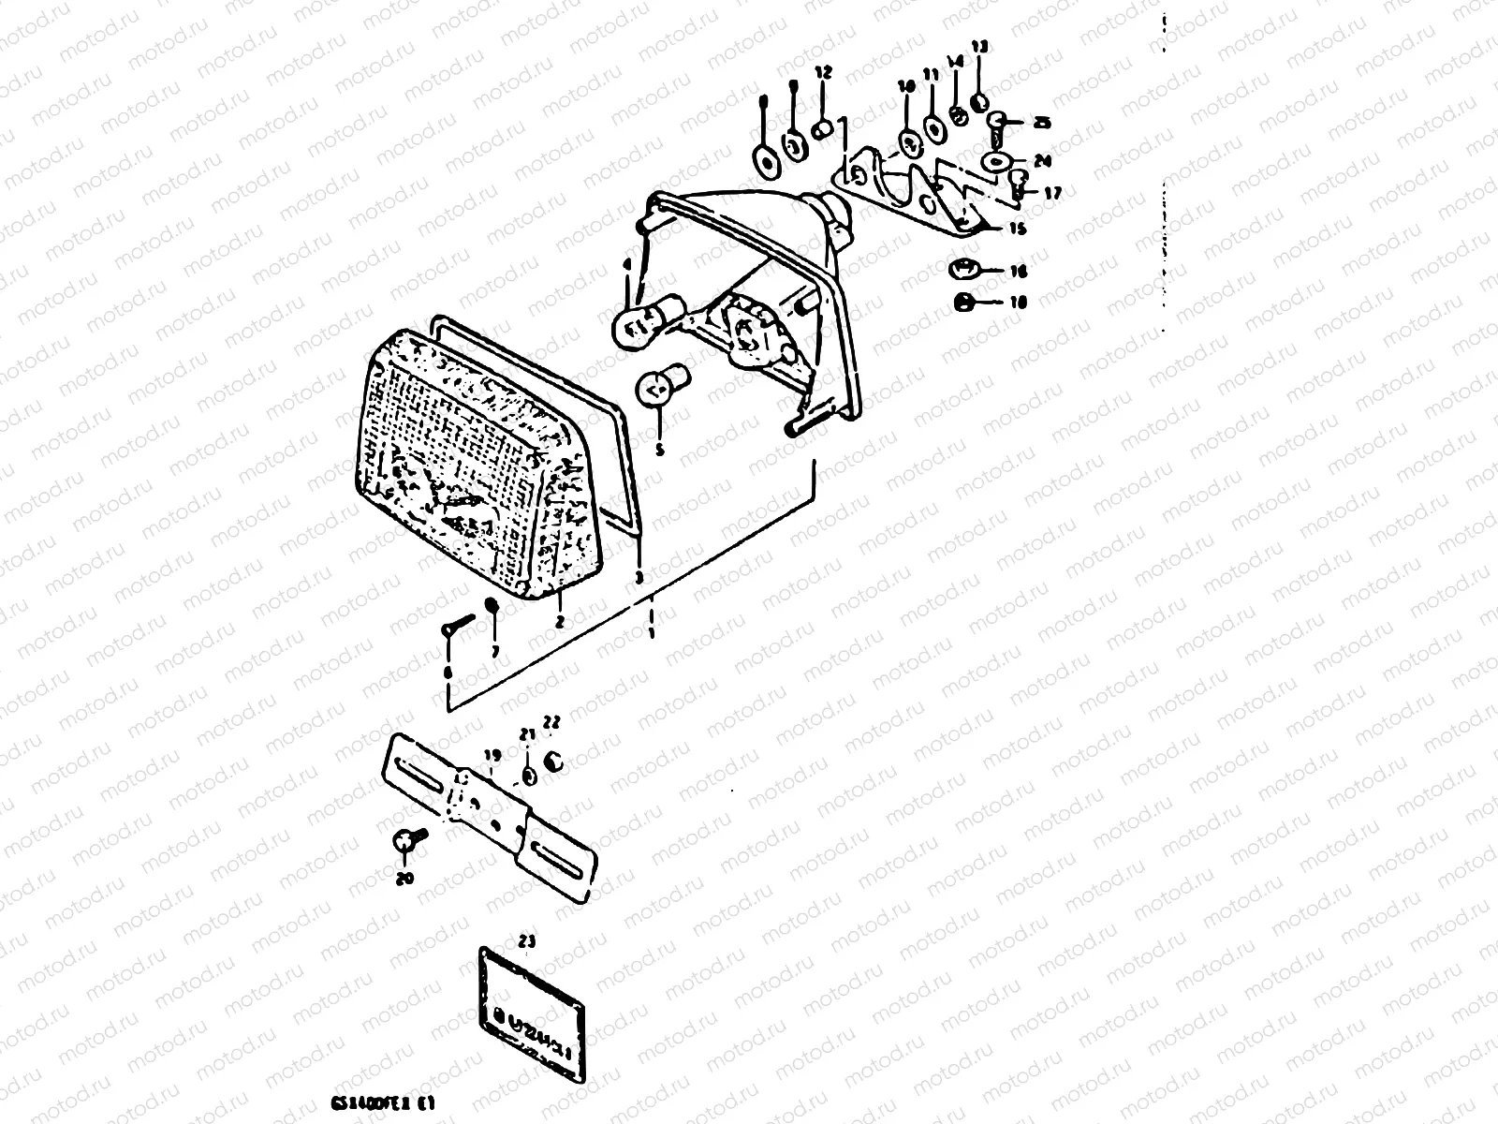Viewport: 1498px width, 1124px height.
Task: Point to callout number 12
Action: (823, 71)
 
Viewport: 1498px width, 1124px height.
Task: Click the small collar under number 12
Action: (824, 129)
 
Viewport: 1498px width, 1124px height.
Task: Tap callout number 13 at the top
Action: (979, 47)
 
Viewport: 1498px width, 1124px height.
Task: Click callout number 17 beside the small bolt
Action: (1052, 194)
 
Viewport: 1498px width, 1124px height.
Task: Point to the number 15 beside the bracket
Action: (1017, 228)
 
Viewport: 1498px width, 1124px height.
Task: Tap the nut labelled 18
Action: (962, 302)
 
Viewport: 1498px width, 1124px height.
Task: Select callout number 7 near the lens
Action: (494, 650)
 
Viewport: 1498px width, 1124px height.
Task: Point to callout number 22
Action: (551, 721)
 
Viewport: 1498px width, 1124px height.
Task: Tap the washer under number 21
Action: (529, 776)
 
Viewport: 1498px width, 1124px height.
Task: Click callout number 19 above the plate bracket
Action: (492, 754)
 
